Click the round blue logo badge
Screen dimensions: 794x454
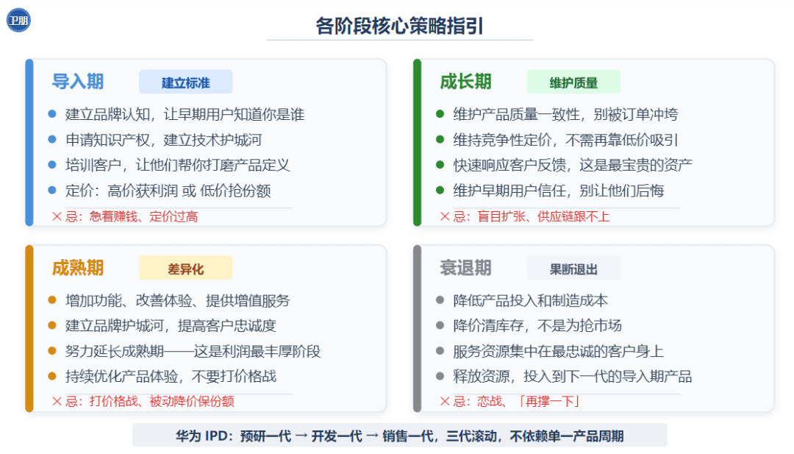(x=18, y=21)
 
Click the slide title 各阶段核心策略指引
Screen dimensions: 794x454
(x=399, y=26)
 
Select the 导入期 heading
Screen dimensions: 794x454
(x=78, y=82)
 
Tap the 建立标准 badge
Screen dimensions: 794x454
(x=186, y=82)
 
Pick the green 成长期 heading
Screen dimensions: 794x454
(x=466, y=82)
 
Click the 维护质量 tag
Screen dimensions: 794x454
(x=573, y=82)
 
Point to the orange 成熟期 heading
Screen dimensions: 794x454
(x=78, y=268)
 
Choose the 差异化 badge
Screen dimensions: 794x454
(x=186, y=269)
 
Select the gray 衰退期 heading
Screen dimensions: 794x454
(x=466, y=268)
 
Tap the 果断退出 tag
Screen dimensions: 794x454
(x=573, y=269)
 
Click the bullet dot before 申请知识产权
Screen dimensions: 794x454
(x=52, y=139)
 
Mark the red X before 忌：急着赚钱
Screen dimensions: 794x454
(x=57, y=217)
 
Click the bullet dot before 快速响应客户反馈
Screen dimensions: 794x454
(x=440, y=165)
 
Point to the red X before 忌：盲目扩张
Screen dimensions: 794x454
(x=445, y=217)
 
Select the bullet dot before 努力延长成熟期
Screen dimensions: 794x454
(x=52, y=351)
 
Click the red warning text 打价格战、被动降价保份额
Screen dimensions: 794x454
(x=162, y=402)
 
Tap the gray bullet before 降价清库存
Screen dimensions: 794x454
(x=440, y=325)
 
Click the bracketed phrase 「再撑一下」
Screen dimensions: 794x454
(x=549, y=402)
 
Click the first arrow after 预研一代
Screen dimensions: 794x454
(x=301, y=436)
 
